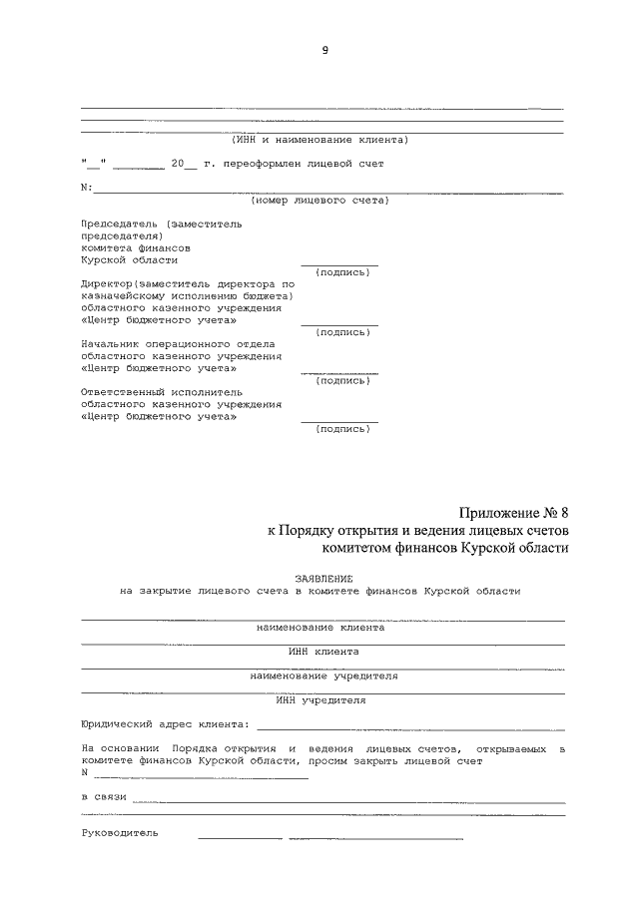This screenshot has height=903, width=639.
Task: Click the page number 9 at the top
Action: pyautogui.click(x=324, y=51)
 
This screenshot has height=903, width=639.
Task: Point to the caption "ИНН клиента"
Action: pyautogui.click(x=323, y=652)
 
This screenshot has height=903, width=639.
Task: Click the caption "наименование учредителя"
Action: pyautogui.click(x=324, y=676)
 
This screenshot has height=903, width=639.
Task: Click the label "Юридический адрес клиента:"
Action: pyautogui.click(x=164, y=724)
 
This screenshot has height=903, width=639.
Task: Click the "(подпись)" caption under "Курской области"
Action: pyautogui.click(x=341, y=272)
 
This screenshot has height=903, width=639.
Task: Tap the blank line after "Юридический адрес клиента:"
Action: pyautogui.click(x=409, y=727)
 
